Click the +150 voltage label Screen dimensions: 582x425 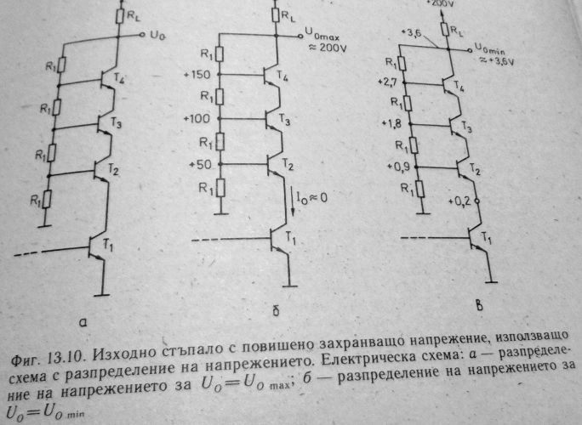pos(197,75)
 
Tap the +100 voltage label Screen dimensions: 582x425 pos(197,119)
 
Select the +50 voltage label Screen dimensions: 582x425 pos(200,164)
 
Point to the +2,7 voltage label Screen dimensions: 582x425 pos(387,82)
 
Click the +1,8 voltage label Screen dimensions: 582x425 pos(391,123)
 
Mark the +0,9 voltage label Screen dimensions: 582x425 pos(398,167)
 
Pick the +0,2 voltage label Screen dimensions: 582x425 pos(459,201)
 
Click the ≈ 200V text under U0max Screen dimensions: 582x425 pos(328,48)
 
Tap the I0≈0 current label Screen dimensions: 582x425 pos(311,198)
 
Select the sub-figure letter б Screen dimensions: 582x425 pos(276,311)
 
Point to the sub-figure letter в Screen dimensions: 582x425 pos(480,306)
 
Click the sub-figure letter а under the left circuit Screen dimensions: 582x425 pos(83,323)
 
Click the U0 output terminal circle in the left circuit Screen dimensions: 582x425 pos(142,35)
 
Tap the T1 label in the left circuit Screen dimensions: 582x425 pos(108,245)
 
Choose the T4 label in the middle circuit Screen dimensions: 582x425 pos(282,76)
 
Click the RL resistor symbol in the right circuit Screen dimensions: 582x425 pos(445,29)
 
